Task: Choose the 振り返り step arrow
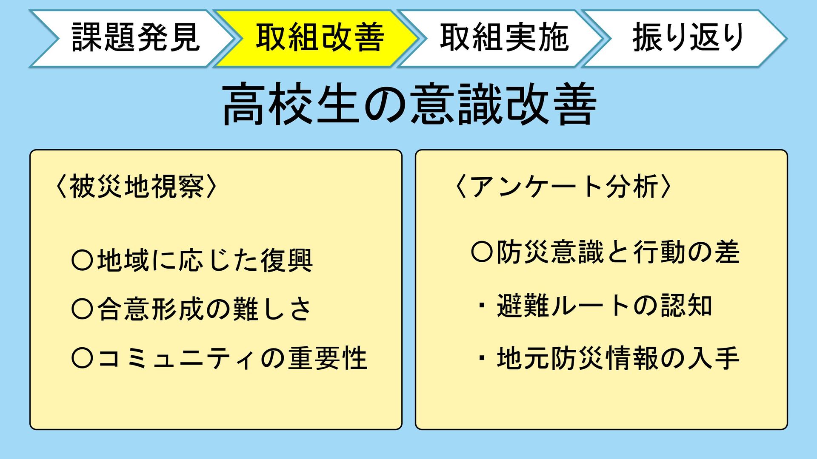click(x=688, y=38)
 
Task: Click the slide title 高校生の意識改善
click(x=408, y=104)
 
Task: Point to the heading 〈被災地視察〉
click(x=136, y=187)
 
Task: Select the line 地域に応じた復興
click(x=205, y=261)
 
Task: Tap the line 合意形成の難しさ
click(x=205, y=309)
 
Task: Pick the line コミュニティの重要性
click(x=232, y=358)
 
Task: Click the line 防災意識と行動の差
click(x=618, y=252)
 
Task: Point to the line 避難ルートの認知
click(x=604, y=306)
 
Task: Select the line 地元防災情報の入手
click(x=618, y=358)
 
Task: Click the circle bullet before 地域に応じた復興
click(x=82, y=261)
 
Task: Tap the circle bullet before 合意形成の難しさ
click(x=82, y=309)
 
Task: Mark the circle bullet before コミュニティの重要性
click(x=82, y=358)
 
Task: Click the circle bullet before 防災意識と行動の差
click(x=482, y=252)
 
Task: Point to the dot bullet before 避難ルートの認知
click(x=482, y=306)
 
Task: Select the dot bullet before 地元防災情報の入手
click(x=482, y=358)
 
